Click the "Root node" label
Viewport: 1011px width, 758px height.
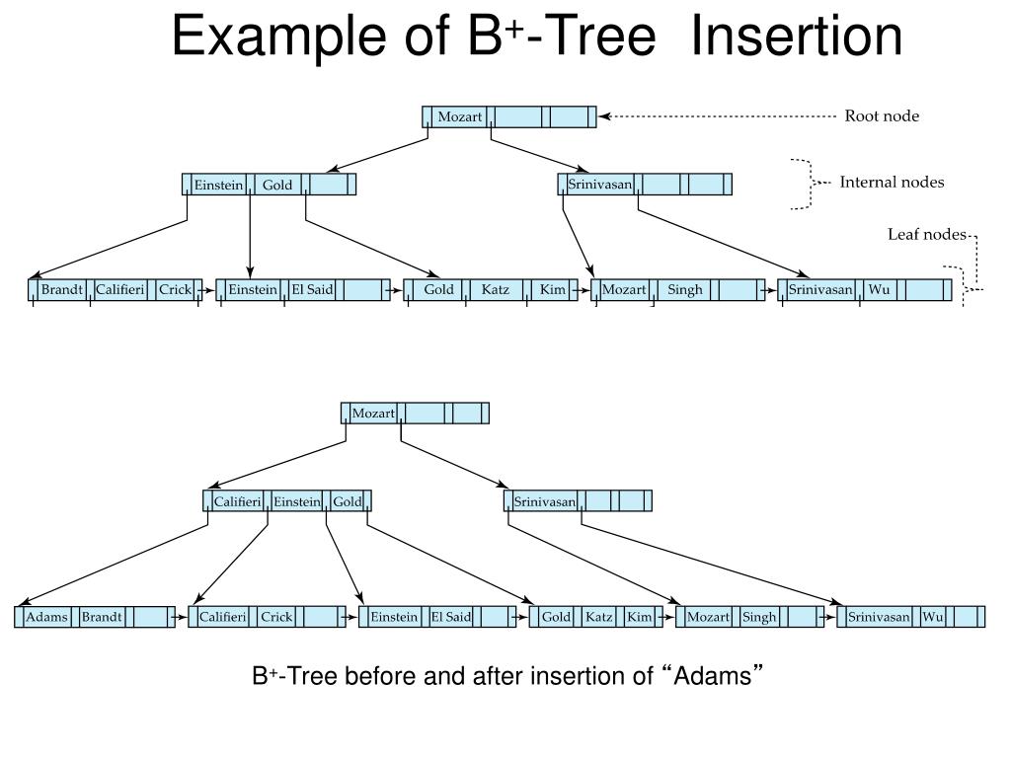pyautogui.click(x=881, y=116)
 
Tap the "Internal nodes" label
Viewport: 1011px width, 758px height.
pyautogui.click(x=892, y=182)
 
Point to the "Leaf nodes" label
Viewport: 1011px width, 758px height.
pyautogui.click(x=925, y=234)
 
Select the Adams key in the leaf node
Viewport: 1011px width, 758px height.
pyautogui.click(x=46, y=618)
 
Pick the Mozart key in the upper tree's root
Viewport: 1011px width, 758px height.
pyautogui.click(x=459, y=117)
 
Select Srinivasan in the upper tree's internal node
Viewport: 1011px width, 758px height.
pyautogui.click(x=599, y=185)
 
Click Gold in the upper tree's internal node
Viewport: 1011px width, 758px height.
pyautogui.click(x=276, y=185)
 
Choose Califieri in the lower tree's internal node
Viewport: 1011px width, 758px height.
pyautogui.click(x=237, y=502)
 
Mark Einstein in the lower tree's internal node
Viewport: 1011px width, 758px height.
pyautogui.click(x=297, y=502)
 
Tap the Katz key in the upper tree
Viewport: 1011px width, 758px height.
pyautogui.click(x=496, y=290)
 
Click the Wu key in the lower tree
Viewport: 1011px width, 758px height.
pyautogui.click(x=933, y=618)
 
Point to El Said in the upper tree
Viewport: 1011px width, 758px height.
pyautogui.click(x=312, y=290)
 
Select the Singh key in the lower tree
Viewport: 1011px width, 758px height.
pyautogui.click(x=759, y=618)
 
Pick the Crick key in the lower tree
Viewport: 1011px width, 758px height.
pyautogui.click(x=276, y=618)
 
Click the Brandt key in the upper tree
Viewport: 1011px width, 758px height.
pyautogui.click(x=61, y=290)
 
